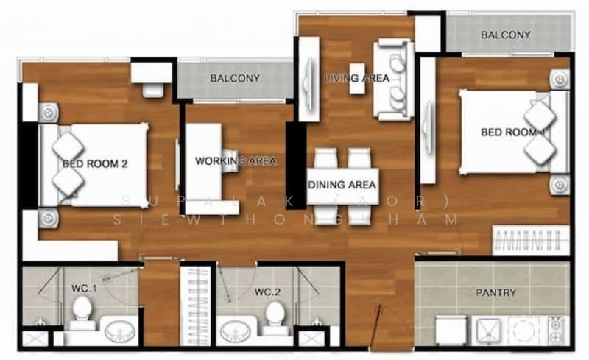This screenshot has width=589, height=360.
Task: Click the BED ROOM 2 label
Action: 95,164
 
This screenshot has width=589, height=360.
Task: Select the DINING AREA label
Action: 342,184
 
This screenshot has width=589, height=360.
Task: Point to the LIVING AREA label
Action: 357,77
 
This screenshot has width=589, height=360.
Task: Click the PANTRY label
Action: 495,292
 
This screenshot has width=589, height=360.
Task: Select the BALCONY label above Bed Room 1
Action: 505,35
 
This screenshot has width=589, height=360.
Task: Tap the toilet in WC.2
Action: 274,315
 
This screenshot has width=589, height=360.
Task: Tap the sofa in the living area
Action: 393,80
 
